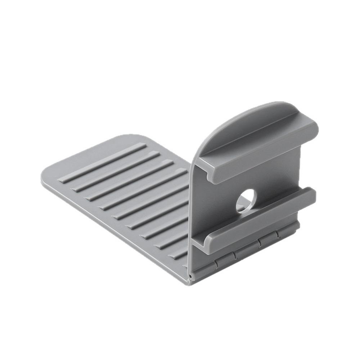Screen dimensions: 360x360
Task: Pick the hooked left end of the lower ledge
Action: pyautogui.click(x=203, y=239)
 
